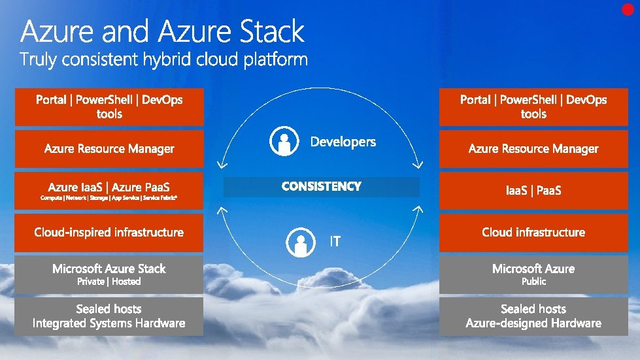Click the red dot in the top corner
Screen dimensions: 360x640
coord(628,9)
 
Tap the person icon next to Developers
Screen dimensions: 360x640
coord(284,142)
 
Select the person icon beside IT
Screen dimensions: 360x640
coord(300,242)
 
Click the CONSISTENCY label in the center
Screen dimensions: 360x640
coord(321,187)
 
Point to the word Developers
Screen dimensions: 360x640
coord(343,142)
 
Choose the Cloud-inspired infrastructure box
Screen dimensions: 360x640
coord(109,233)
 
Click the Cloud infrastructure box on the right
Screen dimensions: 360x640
coord(533,233)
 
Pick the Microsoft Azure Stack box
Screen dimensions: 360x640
coord(109,274)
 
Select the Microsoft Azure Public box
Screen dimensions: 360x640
coord(533,274)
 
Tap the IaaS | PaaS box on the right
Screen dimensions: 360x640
coord(533,191)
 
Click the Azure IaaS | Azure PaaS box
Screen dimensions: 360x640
coord(109,190)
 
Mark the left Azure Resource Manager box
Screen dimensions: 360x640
coord(109,149)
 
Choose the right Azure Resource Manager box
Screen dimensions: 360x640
coord(533,149)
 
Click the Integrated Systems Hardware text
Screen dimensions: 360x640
coord(109,323)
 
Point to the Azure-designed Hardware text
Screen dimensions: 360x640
coord(533,323)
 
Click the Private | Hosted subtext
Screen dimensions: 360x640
coord(109,282)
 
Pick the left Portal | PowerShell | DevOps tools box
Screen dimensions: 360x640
coord(109,106)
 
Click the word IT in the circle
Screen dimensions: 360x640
coord(335,242)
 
